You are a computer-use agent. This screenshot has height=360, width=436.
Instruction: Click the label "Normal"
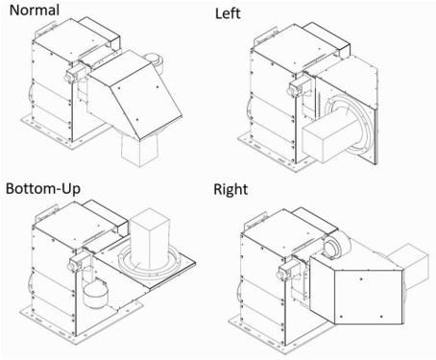click(x=35, y=10)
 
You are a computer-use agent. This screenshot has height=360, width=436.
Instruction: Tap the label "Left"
click(x=228, y=13)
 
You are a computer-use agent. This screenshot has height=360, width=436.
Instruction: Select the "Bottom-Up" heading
click(x=43, y=188)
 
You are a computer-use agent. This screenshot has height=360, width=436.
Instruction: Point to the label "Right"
click(x=230, y=189)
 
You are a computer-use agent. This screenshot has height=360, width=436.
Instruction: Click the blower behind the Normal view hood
click(x=153, y=61)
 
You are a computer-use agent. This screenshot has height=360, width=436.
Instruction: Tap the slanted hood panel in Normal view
click(x=146, y=103)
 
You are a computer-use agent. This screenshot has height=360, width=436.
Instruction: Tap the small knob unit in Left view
click(x=297, y=87)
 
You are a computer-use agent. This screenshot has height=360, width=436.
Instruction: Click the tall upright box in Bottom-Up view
click(x=150, y=239)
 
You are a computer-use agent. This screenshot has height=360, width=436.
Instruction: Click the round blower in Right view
click(x=335, y=245)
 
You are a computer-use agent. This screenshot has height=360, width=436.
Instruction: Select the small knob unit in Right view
click(x=286, y=271)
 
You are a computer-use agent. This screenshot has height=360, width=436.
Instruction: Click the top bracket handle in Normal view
click(x=47, y=28)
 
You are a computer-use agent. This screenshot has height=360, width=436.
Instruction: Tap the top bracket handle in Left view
click(x=265, y=36)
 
